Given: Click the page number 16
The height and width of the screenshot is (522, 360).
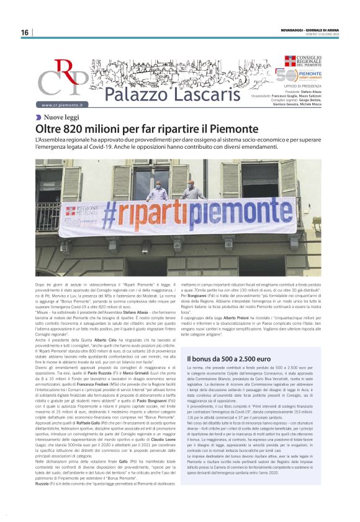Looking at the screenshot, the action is (x=25, y=32).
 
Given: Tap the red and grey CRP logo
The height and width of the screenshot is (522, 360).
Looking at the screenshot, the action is (x=63, y=79).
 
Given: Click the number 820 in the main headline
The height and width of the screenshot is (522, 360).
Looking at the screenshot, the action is (x=83, y=129).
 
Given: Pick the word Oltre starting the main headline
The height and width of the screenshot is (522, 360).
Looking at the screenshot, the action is (x=50, y=129).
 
